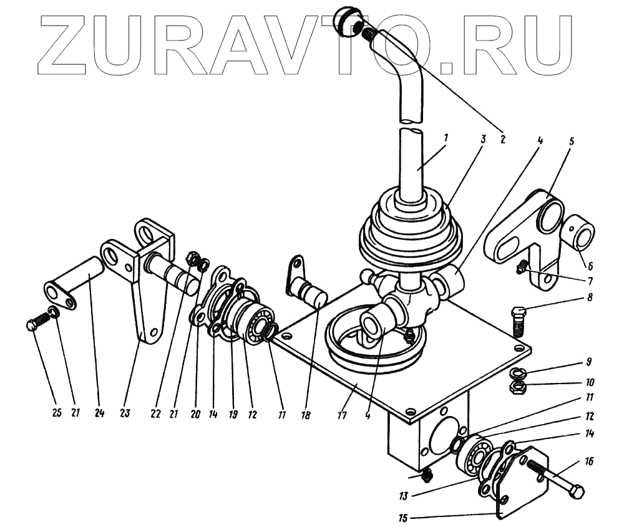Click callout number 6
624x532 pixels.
[x=590, y=265]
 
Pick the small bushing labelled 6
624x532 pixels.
[x=581, y=236]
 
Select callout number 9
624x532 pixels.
[x=588, y=361]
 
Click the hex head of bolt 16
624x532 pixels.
[x=577, y=492]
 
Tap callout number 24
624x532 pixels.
[x=98, y=413]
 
